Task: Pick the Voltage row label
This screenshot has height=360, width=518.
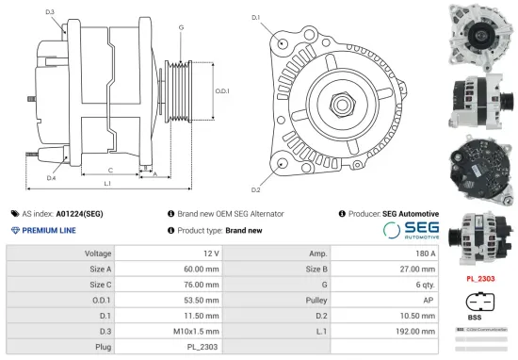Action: pyautogui.click(x=98, y=254)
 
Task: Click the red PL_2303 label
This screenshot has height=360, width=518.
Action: pyautogui.click(x=480, y=279)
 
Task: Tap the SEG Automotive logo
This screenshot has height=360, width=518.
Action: pyautogui.click(x=411, y=230)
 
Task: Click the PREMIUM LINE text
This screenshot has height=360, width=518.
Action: pyautogui.click(x=48, y=230)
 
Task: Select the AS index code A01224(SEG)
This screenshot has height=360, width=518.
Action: pyautogui.click(x=80, y=214)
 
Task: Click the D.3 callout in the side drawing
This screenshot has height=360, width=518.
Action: pyautogui.click(x=49, y=12)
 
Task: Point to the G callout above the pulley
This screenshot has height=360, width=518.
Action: pyautogui.click(x=181, y=27)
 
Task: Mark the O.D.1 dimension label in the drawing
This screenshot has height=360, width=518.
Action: pyautogui.click(x=222, y=90)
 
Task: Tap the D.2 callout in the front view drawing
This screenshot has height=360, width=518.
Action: pyautogui.click(x=256, y=163)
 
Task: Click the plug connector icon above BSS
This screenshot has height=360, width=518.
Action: pyautogui.click(x=480, y=302)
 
